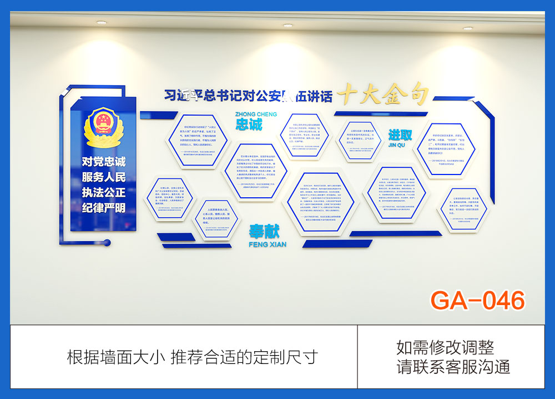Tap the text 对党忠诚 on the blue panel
(x=104, y=162)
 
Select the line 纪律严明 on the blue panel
(x=104, y=208)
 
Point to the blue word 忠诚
(x=248, y=124)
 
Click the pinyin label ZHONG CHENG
(x=256, y=114)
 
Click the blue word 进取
(x=400, y=135)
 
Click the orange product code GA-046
(x=477, y=300)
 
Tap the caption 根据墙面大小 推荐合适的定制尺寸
(x=192, y=356)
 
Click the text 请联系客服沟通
(x=453, y=367)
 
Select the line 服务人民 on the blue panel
(x=104, y=177)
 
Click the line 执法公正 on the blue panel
(x=104, y=193)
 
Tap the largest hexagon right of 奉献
(x=321, y=205)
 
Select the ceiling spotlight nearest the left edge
(x=101, y=22)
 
